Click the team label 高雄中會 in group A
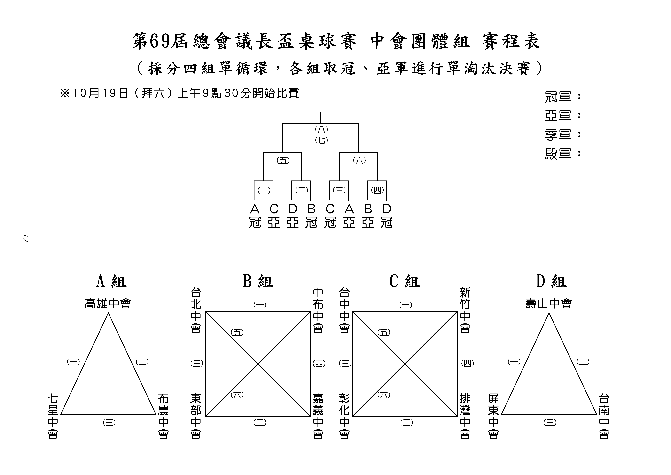[x=108, y=304]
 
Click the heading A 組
[x=111, y=281]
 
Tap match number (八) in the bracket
[x=321, y=129]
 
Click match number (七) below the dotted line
[x=321, y=141]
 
